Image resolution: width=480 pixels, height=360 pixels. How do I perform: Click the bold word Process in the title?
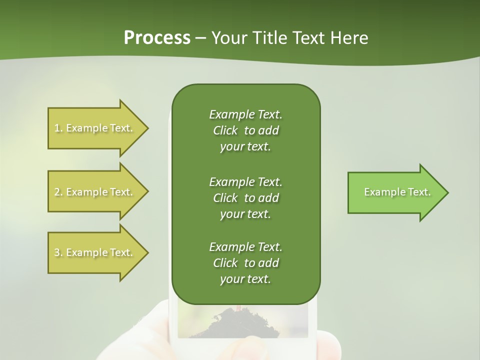[x=157, y=38]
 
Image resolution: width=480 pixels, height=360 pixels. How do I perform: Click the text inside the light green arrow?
[x=397, y=192]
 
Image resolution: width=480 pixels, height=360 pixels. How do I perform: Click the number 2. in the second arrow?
[x=58, y=192]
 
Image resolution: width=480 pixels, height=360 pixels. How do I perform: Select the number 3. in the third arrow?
[x=58, y=252]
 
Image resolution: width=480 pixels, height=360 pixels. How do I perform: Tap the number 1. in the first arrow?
[x=58, y=128]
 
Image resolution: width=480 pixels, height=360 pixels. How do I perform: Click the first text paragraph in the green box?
[x=245, y=130]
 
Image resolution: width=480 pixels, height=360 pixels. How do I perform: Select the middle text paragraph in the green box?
[x=245, y=198]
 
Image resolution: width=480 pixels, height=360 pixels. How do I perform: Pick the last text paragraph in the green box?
[x=245, y=263]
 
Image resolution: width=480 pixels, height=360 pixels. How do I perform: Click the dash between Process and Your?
[x=201, y=38]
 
